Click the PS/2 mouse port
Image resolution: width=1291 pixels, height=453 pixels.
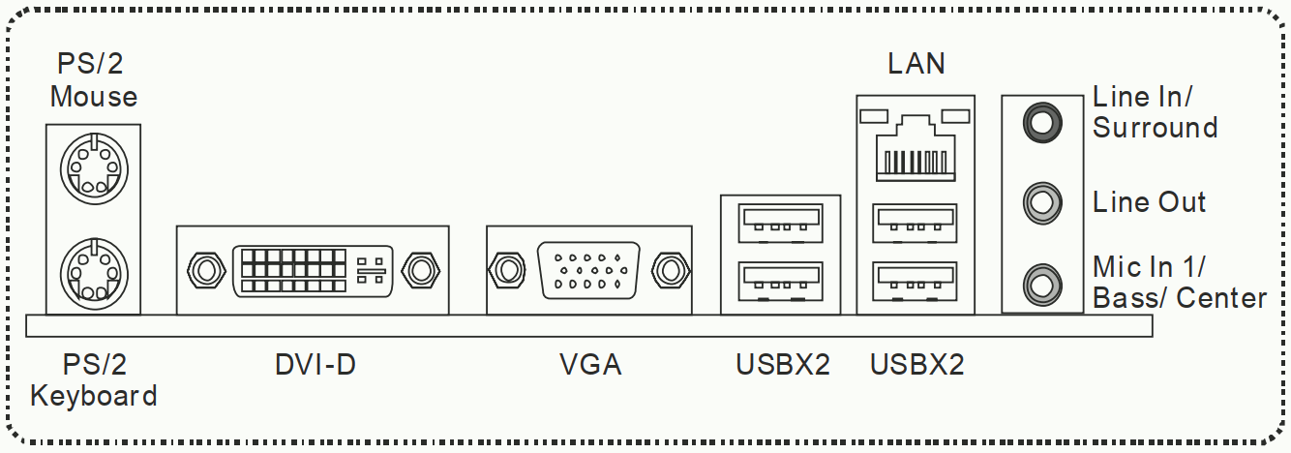pyautogui.click(x=94, y=168)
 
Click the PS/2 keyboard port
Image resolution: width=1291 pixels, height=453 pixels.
pyautogui.click(x=94, y=273)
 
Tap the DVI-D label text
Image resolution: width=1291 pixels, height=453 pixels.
pyautogui.click(x=315, y=364)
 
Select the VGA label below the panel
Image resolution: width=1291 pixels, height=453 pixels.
pyautogui.click(x=590, y=364)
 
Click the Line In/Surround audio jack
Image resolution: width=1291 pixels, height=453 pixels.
pyautogui.click(x=1042, y=122)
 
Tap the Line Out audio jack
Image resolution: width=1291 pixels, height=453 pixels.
pyautogui.click(x=1042, y=203)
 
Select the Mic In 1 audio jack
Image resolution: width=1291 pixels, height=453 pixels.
pyautogui.click(x=1042, y=285)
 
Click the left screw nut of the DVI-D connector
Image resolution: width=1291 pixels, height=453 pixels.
pyautogui.click(x=206, y=270)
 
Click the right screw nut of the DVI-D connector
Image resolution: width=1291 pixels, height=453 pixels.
pyautogui.click(x=421, y=270)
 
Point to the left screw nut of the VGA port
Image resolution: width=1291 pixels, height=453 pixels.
pyautogui.click(x=506, y=270)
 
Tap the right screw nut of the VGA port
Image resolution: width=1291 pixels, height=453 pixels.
pyautogui.click(x=671, y=270)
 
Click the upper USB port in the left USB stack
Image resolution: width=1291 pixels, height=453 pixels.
pyautogui.click(x=780, y=224)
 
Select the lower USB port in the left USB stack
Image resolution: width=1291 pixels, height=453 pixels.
pyautogui.click(x=780, y=282)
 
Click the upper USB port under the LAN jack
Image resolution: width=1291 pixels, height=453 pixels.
pyautogui.click(x=915, y=224)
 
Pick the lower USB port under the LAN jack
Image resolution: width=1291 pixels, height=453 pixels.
pyautogui.click(x=915, y=282)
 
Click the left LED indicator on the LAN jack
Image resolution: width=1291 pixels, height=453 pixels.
pyautogui.click(x=874, y=116)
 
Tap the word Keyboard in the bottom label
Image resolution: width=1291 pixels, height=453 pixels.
pyautogui.click(x=93, y=396)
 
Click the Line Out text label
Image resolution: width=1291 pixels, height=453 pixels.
pyautogui.click(x=1149, y=202)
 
